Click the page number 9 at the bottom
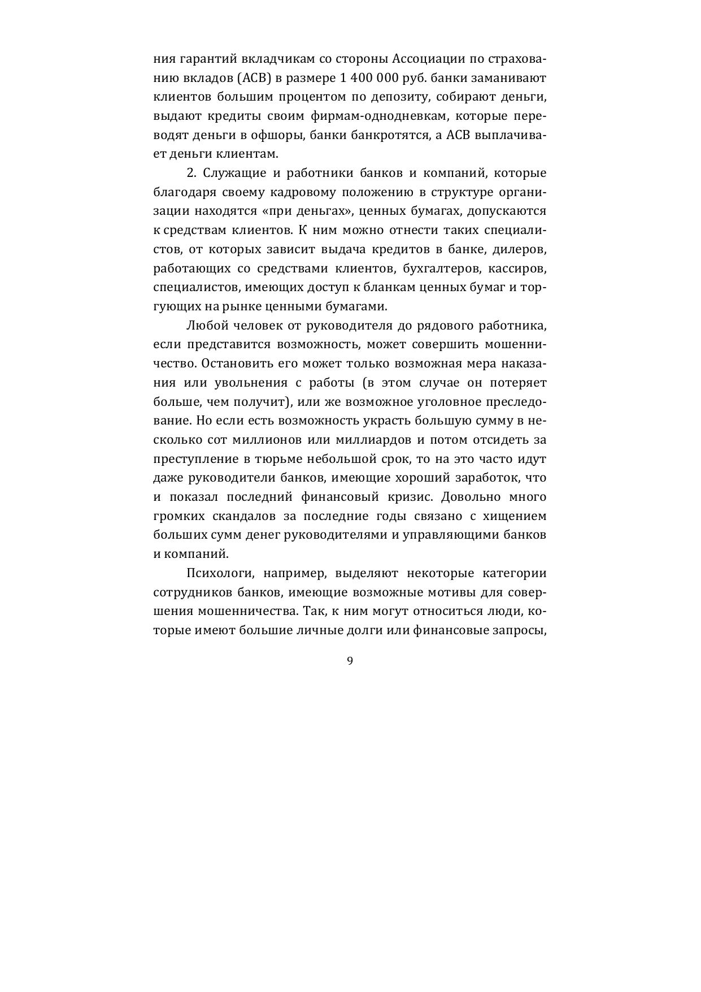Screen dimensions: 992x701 coord(350,661)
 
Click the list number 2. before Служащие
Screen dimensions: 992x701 coord(191,173)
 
